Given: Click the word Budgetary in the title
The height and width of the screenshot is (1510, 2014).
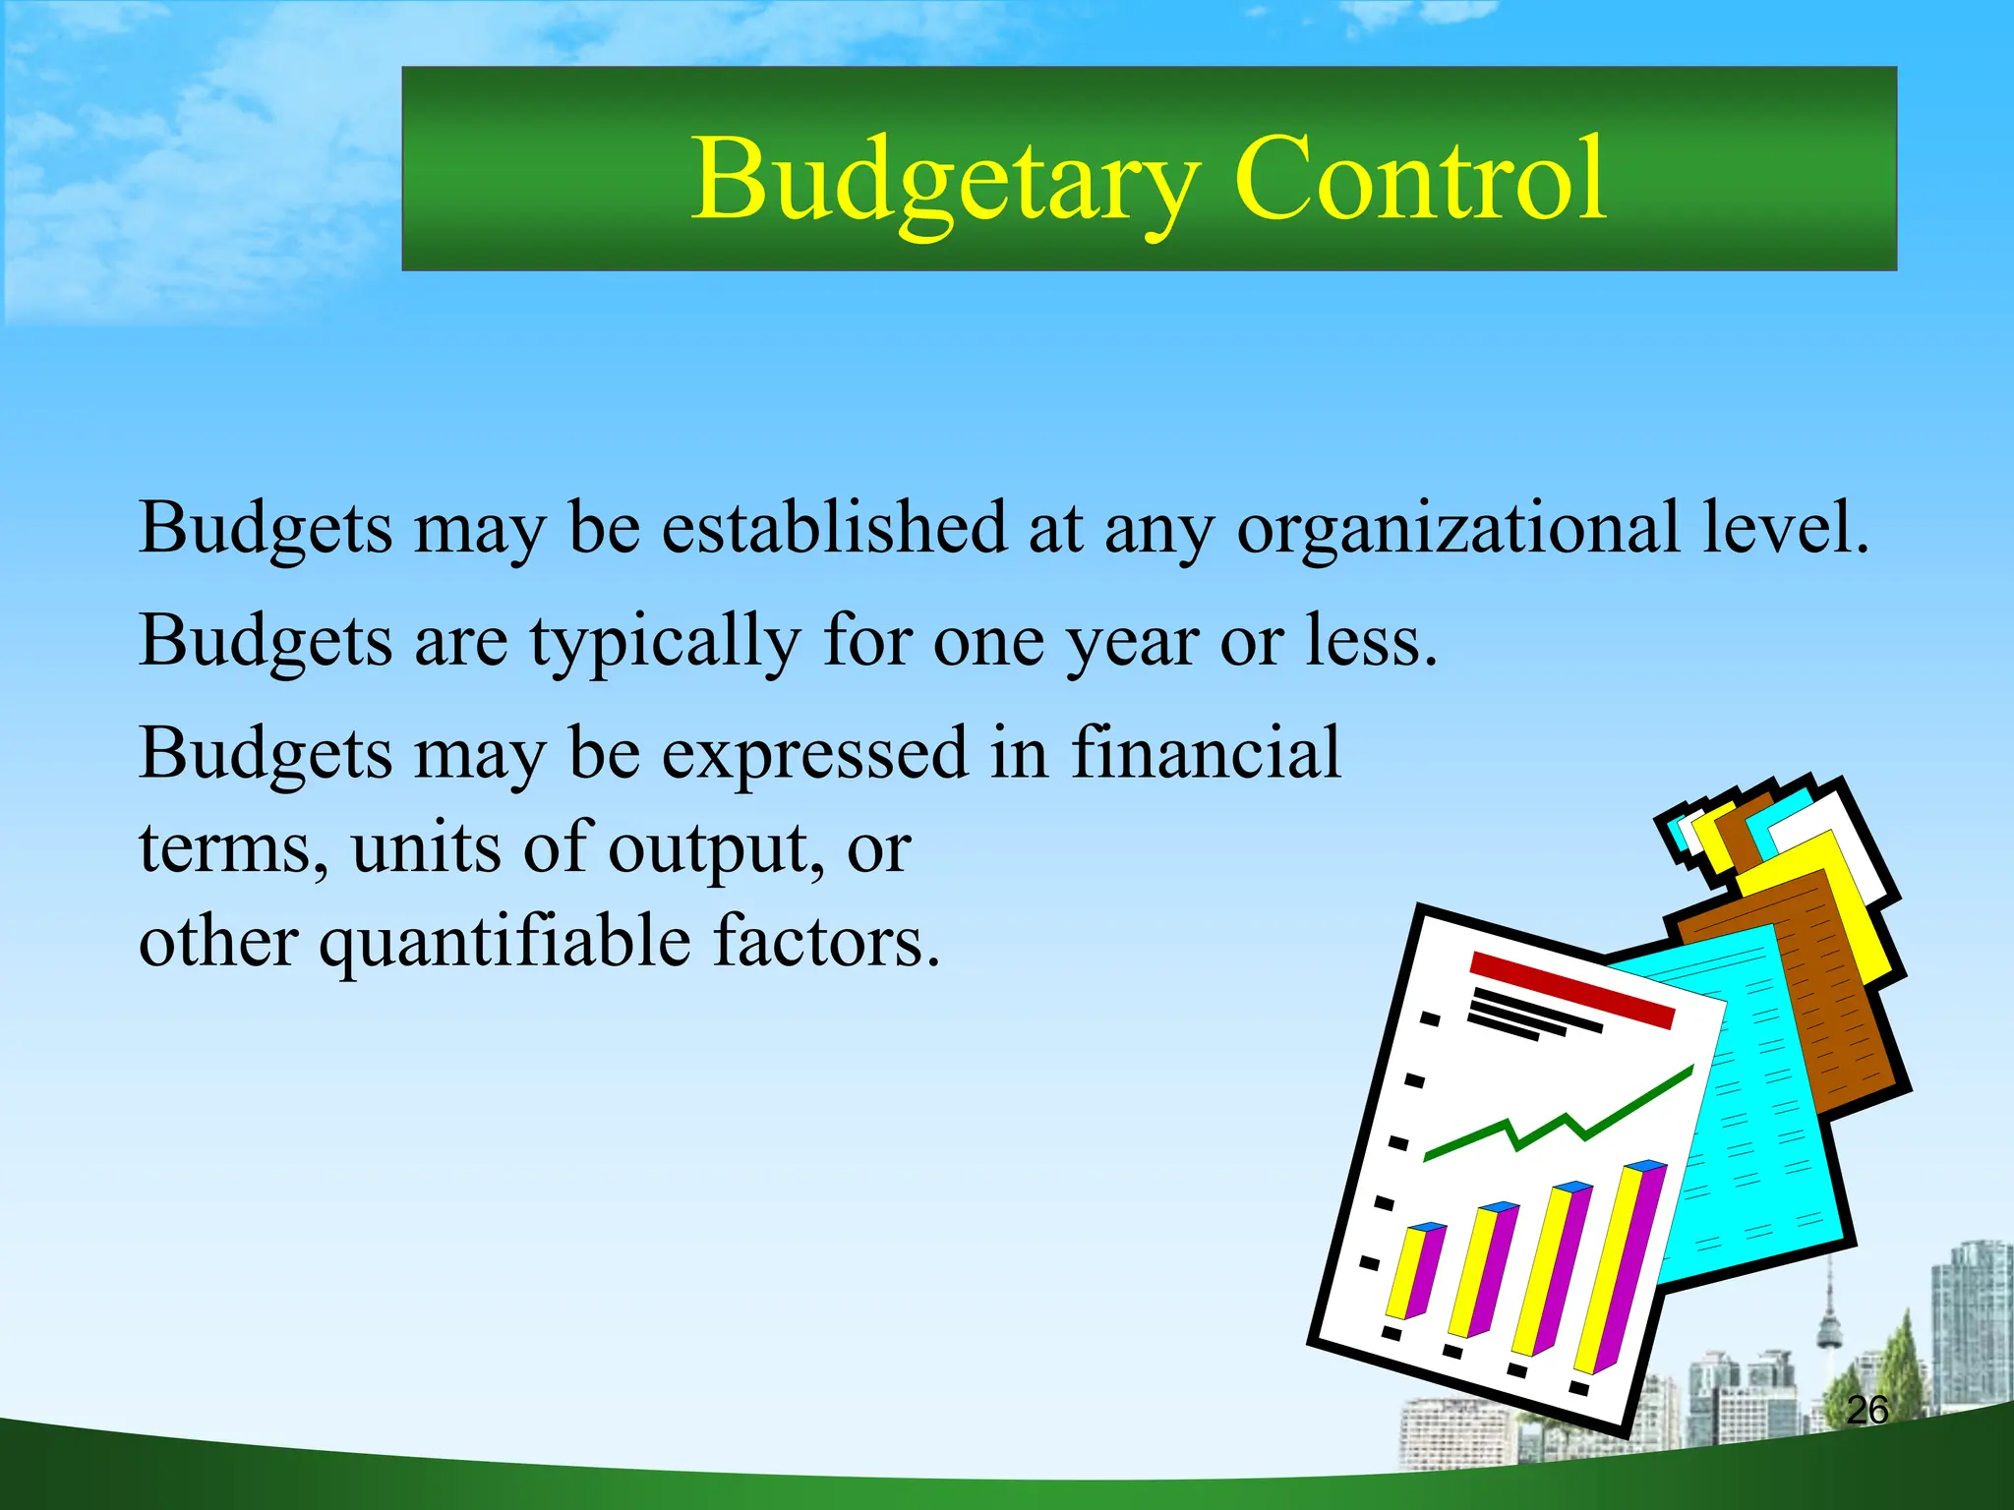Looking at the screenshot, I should [944, 182].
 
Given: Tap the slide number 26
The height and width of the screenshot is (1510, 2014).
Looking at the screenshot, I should [1866, 1410].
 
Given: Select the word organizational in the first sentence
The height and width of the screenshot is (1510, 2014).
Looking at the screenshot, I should [1457, 529].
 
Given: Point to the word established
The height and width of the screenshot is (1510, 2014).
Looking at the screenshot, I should [834, 527].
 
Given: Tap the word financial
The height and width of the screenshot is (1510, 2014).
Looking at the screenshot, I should [1205, 753].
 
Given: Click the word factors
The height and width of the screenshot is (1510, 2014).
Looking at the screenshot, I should [826, 942].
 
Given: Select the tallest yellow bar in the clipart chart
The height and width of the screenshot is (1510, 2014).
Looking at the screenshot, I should [1613, 1268].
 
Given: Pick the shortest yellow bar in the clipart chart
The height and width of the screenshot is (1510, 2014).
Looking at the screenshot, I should [1404, 1273].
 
